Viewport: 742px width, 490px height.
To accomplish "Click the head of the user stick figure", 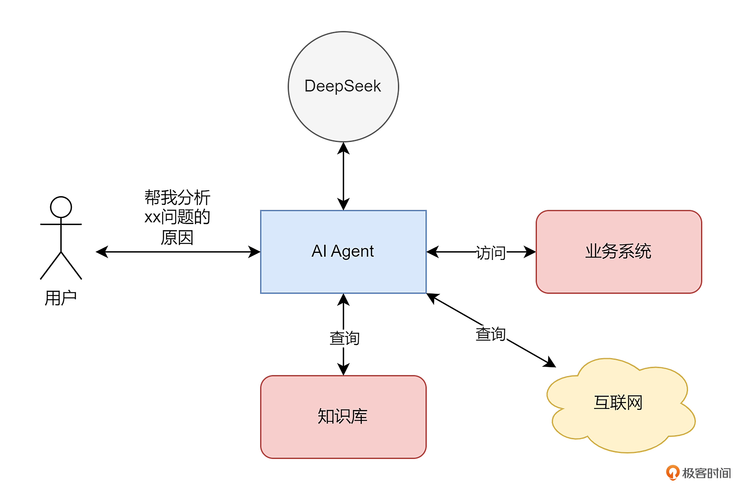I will pos(61,207).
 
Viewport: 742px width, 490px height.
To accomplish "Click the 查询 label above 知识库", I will pos(344,338).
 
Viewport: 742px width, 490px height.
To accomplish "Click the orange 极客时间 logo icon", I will pos(673,473).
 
